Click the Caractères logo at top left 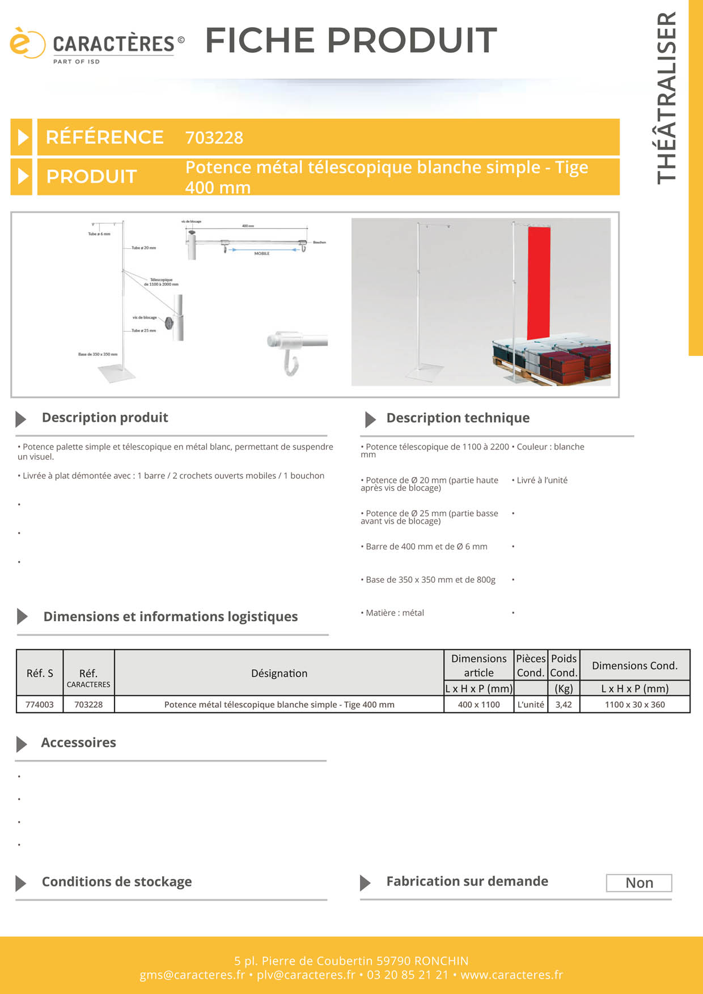click(96, 44)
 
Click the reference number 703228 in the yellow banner click(214, 138)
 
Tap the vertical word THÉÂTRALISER click(667, 97)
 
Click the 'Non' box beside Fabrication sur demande click(639, 883)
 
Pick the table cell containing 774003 click(40, 704)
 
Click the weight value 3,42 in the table click(564, 704)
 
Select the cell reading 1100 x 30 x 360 click(634, 704)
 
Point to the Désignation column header click(279, 673)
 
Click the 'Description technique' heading click(458, 418)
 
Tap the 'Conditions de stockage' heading click(117, 882)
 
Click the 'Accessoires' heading click(78, 742)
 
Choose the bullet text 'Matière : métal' click(395, 613)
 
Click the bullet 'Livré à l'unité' click(541, 480)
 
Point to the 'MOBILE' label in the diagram click(262, 253)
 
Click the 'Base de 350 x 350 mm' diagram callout click(98, 354)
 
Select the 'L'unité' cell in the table click(531, 704)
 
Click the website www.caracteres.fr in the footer click(511, 975)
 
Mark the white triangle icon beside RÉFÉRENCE click(22, 137)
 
